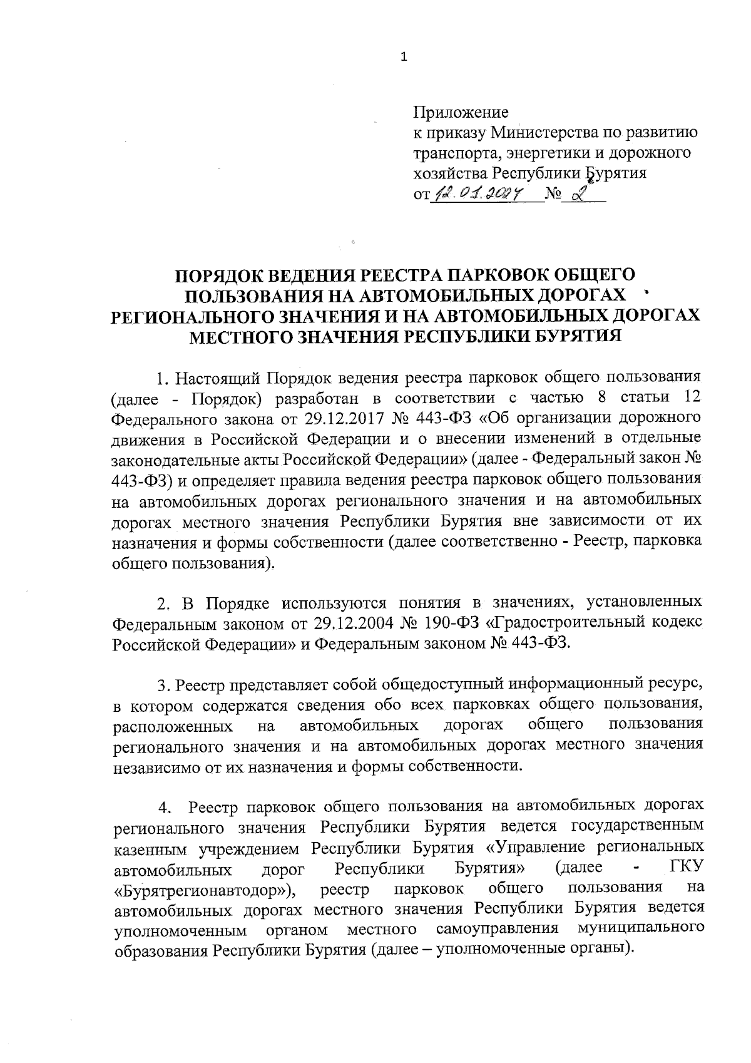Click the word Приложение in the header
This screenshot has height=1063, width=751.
tap(461, 112)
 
